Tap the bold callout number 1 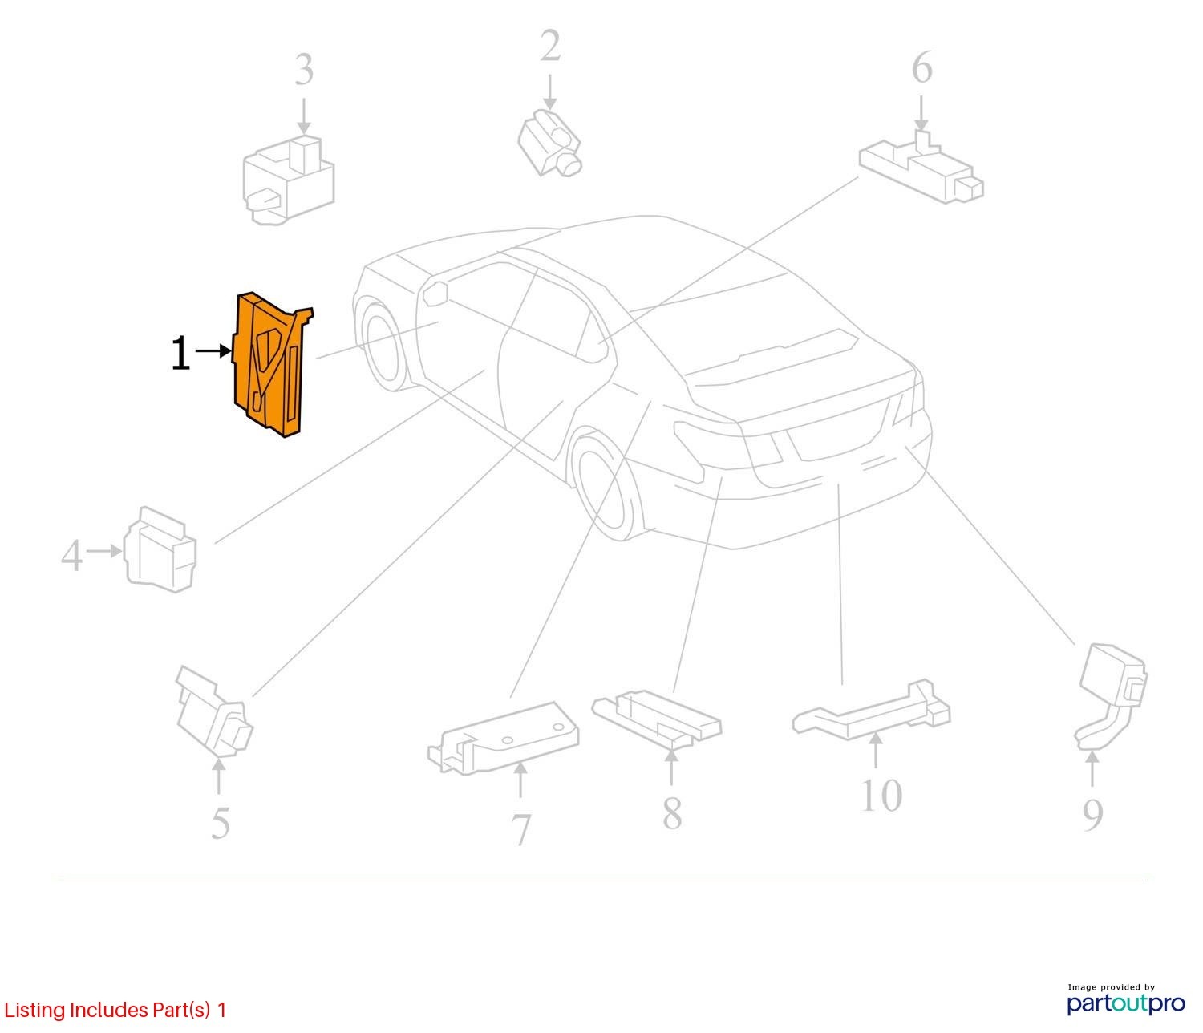180,352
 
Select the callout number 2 550,46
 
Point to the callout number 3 304,70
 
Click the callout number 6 921,67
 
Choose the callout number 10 881,795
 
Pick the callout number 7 520,829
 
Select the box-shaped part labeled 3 288,180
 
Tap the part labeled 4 160,549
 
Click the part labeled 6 921,168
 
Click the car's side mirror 435,293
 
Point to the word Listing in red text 35,1010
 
